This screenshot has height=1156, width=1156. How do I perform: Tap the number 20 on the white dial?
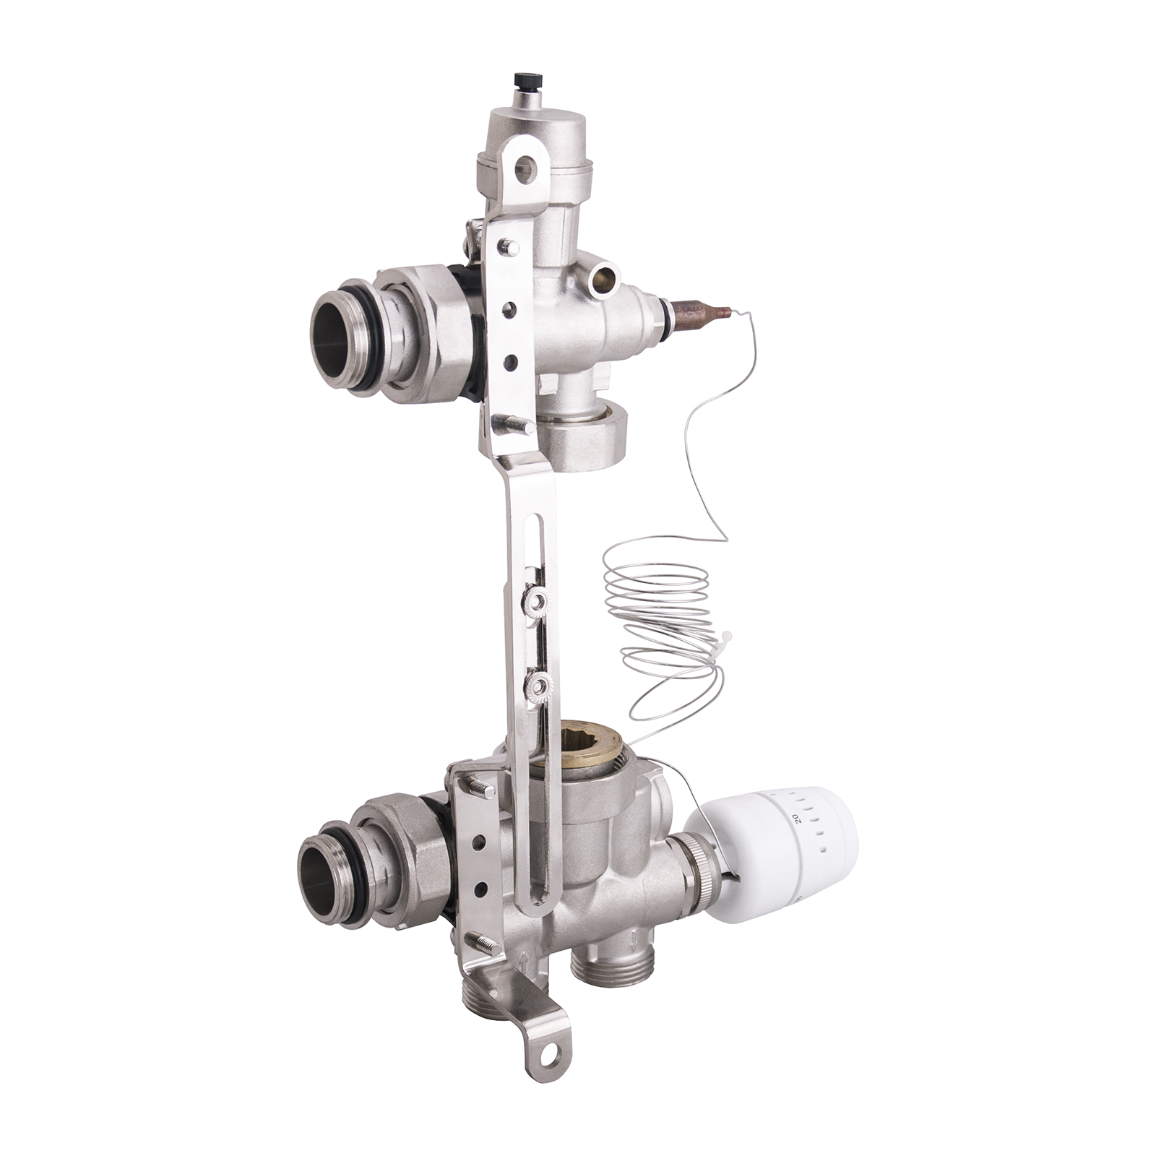[x=795, y=817]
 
